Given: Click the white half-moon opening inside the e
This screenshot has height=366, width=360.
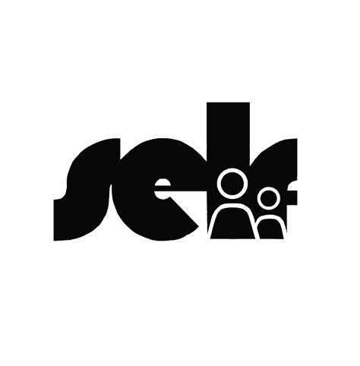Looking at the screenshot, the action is click(x=162, y=188).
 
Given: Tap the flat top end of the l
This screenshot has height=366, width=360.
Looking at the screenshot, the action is click(x=228, y=103).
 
